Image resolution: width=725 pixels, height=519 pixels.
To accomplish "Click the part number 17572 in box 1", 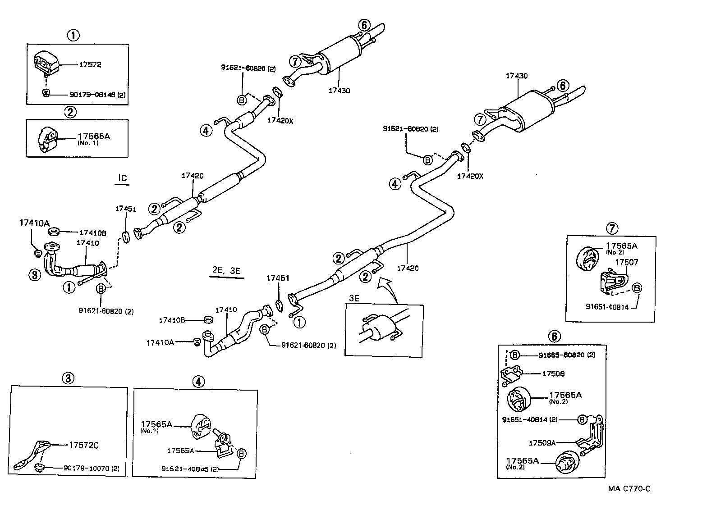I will click(90, 64).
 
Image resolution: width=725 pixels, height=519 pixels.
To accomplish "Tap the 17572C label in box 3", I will click(83, 446).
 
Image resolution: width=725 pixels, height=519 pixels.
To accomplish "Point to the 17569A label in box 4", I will click(180, 451).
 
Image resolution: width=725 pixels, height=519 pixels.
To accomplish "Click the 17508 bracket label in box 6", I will click(553, 373).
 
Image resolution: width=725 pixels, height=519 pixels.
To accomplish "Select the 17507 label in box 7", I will click(627, 262).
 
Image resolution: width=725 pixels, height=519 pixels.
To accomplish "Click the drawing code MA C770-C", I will click(629, 489).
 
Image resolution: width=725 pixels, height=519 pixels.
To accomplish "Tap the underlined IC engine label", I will click(123, 178).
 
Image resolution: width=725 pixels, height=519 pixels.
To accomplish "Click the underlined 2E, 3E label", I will click(226, 271).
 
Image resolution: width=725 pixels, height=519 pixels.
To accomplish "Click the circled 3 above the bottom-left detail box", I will click(68, 378).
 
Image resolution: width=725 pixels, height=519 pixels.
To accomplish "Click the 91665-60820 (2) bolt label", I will click(566, 355).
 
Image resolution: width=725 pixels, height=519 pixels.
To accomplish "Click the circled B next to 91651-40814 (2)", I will click(582, 419).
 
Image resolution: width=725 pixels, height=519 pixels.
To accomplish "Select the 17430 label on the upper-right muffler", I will click(516, 76).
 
